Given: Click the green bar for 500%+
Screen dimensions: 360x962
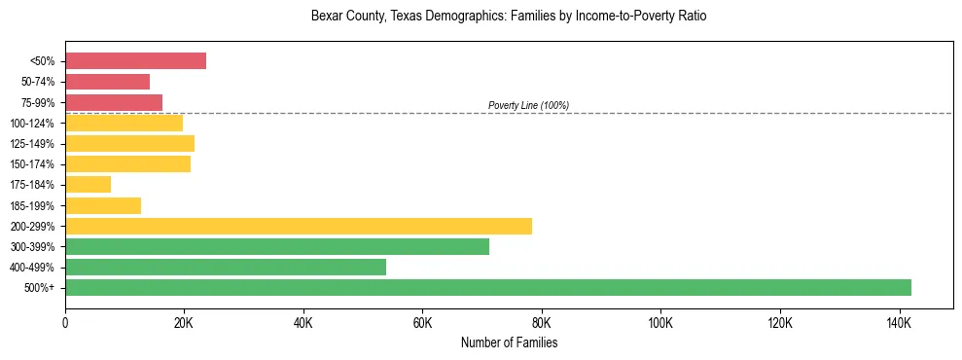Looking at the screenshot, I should (488, 287).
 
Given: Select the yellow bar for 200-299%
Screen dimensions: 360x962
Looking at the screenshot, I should (299, 226).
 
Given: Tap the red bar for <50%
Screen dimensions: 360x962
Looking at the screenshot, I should (135, 60).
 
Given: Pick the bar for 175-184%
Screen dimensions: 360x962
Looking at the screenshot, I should (88, 184).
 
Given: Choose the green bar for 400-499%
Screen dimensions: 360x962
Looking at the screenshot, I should (226, 267).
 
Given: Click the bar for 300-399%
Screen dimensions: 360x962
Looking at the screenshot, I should (277, 246).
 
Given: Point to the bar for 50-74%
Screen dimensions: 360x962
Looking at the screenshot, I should (107, 82).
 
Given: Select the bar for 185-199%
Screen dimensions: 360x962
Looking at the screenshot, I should (103, 205).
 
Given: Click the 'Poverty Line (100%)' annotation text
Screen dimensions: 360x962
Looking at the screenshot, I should (528, 105).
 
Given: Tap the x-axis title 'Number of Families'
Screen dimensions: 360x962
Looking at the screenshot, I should (509, 342).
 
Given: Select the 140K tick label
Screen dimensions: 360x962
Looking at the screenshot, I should (899, 322).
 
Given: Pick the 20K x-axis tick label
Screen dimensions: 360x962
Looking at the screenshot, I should (184, 322).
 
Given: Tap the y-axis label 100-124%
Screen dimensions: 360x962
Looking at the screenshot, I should (34, 123).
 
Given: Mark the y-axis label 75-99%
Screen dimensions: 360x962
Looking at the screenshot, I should (37, 102).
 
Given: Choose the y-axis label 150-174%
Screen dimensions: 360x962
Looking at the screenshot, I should (34, 163).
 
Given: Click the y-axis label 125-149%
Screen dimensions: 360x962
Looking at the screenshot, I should (34, 143).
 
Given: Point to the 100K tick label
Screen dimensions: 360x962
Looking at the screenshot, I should (660, 322).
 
